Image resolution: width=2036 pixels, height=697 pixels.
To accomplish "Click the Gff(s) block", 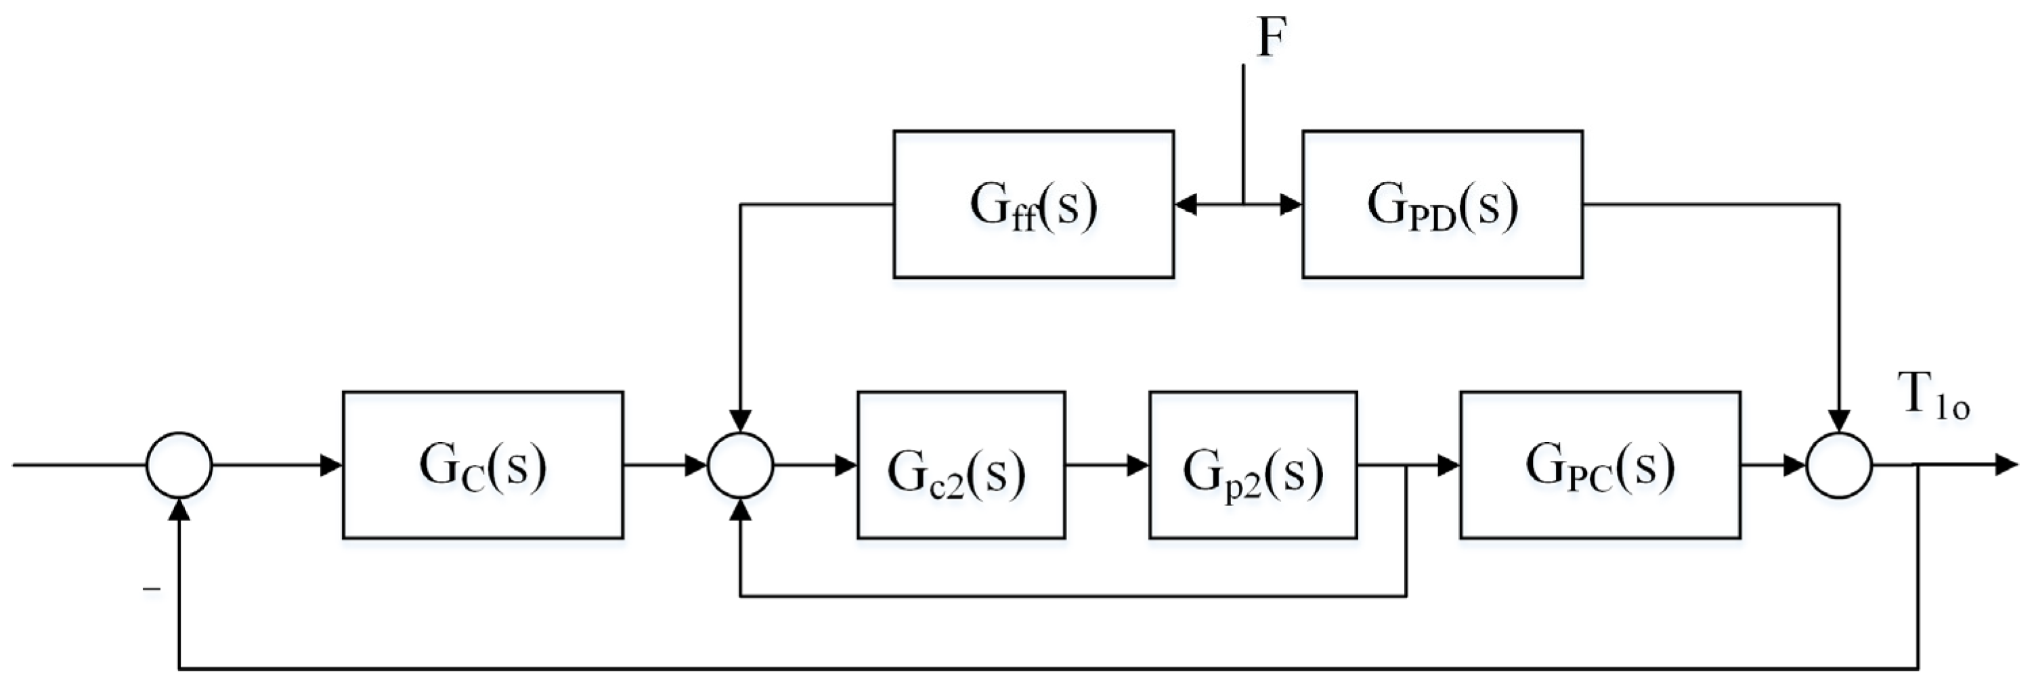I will [1033, 204].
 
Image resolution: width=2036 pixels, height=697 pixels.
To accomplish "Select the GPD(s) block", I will [1442, 204].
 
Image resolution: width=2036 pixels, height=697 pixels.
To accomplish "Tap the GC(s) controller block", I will [482, 466].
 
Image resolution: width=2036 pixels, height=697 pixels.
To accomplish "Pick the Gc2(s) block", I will [960, 466].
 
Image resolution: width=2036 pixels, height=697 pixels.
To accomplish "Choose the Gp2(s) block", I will [1252, 466].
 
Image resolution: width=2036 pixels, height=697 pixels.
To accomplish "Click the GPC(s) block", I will [1600, 466].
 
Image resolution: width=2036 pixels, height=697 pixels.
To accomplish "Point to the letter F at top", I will [1271, 37].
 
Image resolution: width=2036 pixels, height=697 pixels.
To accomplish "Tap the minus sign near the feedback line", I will [151, 589].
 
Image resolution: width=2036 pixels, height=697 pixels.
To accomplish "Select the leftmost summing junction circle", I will [179, 466].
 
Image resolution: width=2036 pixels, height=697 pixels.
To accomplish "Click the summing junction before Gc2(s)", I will [740, 466].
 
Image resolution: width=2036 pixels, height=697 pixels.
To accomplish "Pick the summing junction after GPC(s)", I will [1839, 466].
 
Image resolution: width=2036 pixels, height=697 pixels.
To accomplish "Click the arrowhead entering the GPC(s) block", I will [1449, 466].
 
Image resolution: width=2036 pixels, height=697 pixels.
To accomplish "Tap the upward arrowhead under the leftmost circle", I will [180, 510].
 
